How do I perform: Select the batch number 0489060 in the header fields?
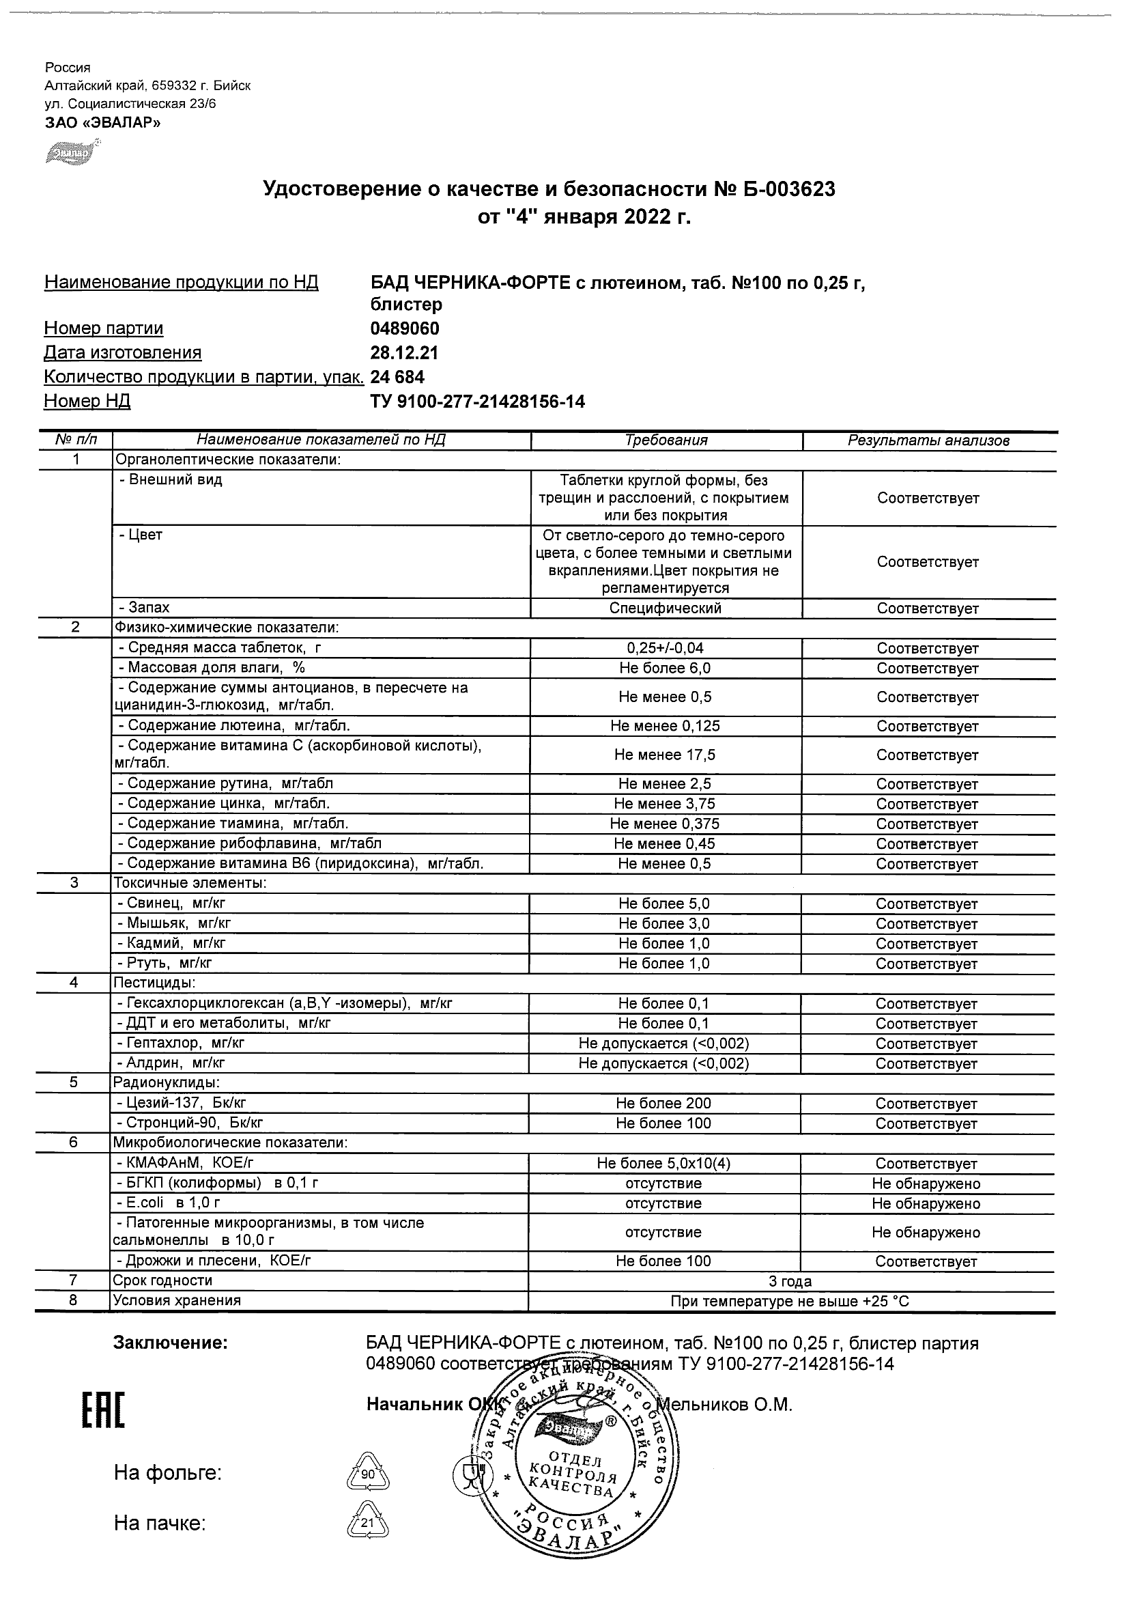(405, 328)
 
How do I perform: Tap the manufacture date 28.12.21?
(404, 353)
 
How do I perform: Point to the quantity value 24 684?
(397, 377)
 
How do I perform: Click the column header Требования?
(666, 440)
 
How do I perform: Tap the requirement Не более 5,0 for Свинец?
(664, 904)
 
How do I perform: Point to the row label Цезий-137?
(181, 1103)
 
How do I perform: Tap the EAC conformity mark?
(103, 1411)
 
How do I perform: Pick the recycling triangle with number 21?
(367, 1525)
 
